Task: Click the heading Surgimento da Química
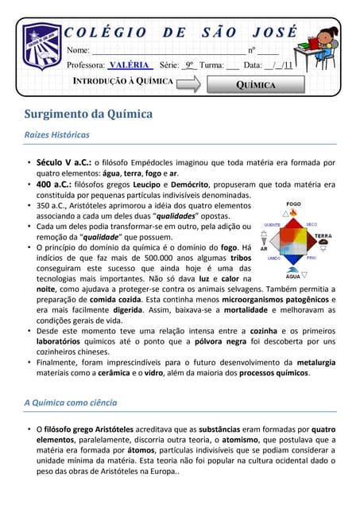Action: [x=88, y=114]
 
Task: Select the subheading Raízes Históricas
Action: [x=56, y=134]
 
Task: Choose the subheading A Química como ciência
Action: [x=71, y=402]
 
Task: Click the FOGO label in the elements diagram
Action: [x=293, y=204]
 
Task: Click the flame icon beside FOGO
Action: [x=293, y=212]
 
